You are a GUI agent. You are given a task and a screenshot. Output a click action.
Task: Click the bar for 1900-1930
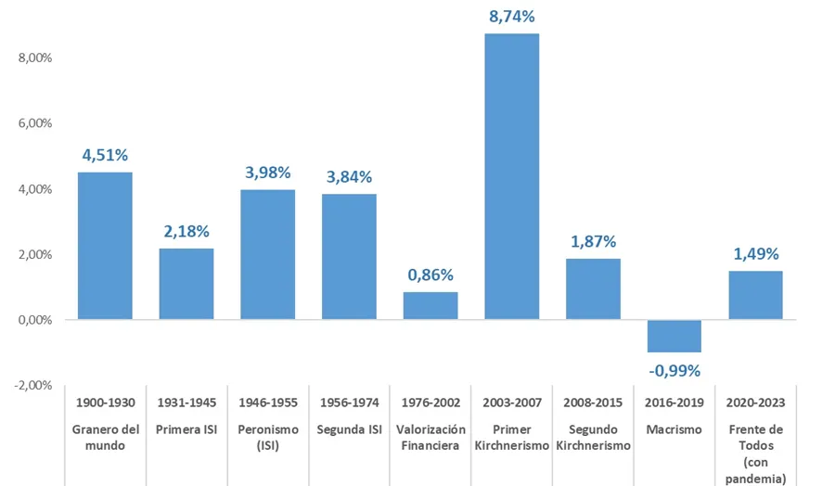(x=105, y=246)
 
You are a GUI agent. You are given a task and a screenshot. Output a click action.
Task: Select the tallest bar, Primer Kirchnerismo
(x=511, y=176)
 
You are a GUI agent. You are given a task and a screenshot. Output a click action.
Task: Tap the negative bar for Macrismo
(x=674, y=336)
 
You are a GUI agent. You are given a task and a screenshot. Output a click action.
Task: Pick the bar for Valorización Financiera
(x=430, y=306)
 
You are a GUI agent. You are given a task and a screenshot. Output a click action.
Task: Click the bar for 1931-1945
(x=186, y=284)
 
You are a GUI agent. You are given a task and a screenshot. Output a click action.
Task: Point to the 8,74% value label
(x=511, y=17)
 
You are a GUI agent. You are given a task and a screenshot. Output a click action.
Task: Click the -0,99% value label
(x=674, y=371)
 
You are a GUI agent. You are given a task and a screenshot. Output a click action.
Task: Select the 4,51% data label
(x=105, y=155)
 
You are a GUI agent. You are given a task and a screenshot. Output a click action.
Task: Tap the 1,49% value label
(x=755, y=254)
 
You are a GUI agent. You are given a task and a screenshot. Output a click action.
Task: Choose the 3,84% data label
(x=349, y=176)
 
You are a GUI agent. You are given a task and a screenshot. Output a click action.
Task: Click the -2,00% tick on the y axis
(x=32, y=386)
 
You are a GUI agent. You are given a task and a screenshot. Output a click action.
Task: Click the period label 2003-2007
(x=511, y=404)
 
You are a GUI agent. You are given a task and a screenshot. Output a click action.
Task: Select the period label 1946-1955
(x=267, y=404)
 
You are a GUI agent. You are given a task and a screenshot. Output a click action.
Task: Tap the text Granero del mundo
(x=105, y=437)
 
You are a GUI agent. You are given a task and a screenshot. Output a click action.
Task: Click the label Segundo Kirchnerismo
(x=593, y=437)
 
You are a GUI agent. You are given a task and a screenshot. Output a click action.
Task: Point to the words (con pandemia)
(x=755, y=470)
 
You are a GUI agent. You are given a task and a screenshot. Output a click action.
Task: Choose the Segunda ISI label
(x=349, y=428)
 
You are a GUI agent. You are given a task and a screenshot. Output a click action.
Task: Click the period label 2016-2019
(x=674, y=404)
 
